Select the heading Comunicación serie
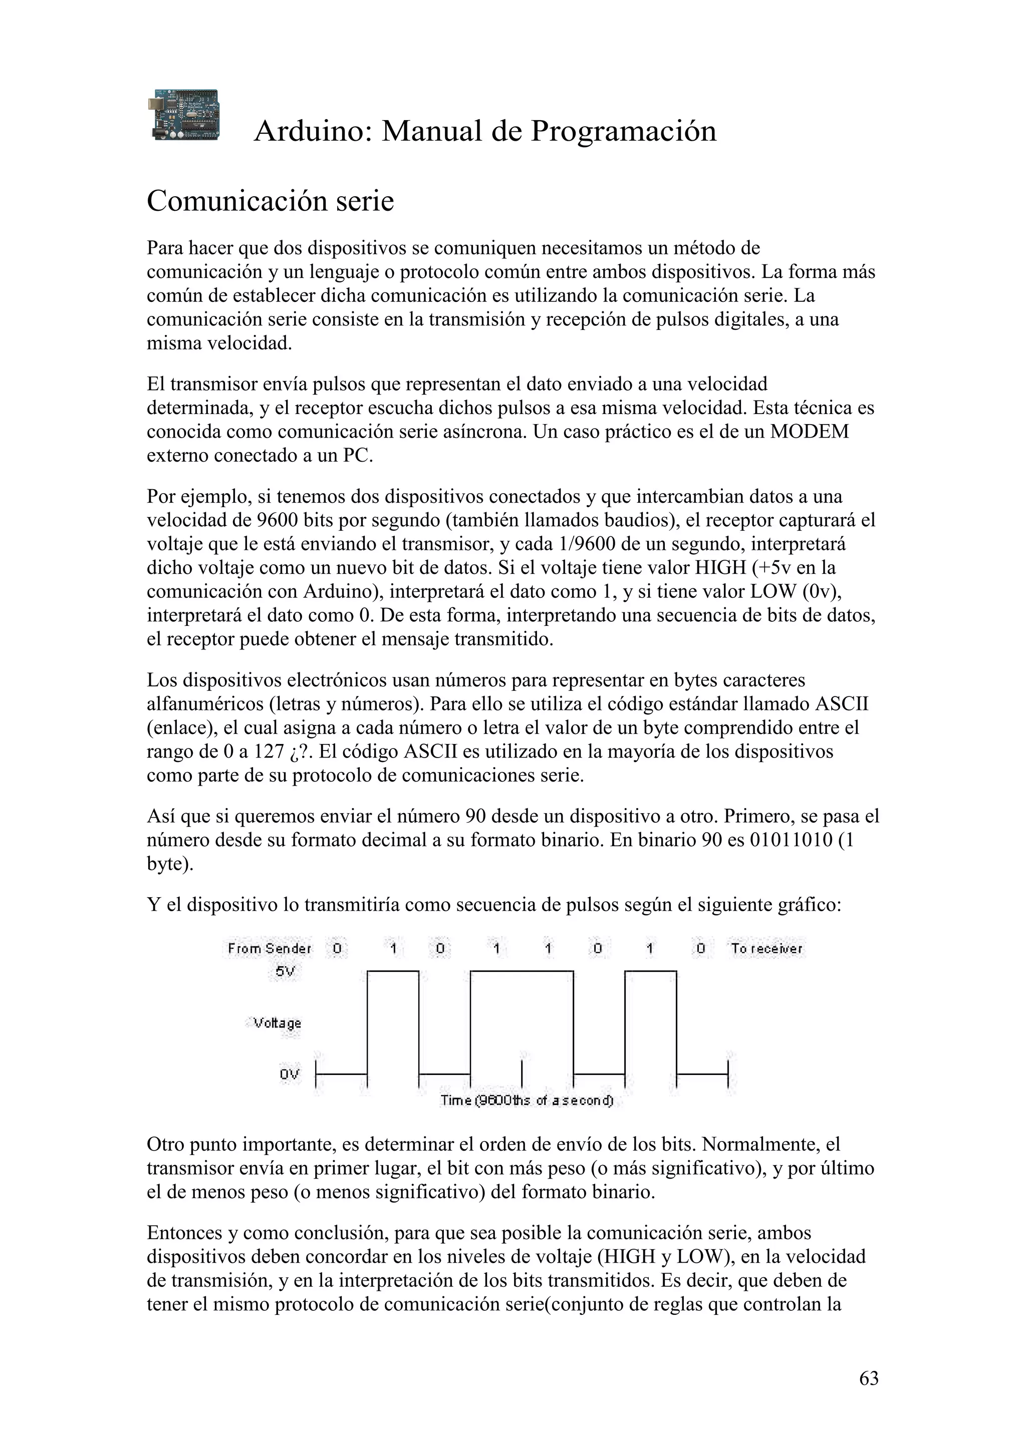tap(270, 202)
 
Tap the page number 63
tap(869, 1378)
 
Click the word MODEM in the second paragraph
tap(809, 432)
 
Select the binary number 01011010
tap(791, 841)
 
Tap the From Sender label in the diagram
tap(270, 949)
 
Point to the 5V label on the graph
tap(286, 972)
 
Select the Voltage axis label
tap(277, 1023)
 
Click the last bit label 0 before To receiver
tap(700, 949)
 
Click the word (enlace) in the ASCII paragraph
tap(179, 728)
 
